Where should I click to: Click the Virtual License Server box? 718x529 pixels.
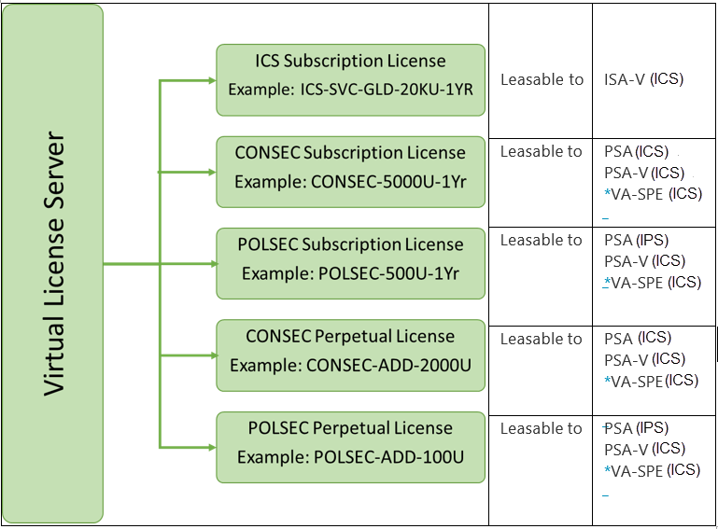click(x=52, y=264)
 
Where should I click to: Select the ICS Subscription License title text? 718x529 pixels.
click(x=350, y=61)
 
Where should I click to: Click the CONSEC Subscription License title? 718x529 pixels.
click(x=350, y=152)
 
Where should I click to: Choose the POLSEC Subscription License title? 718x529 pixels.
click(x=350, y=244)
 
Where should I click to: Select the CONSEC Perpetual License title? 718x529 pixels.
click(x=350, y=337)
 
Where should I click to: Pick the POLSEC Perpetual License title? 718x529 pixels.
click(x=350, y=428)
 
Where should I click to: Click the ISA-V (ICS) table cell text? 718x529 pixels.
click(x=644, y=79)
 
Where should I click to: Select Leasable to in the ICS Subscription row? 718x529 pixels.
click(x=542, y=79)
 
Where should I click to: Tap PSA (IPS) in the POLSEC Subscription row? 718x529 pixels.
click(x=637, y=240)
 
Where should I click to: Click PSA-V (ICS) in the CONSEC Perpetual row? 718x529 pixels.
click(x=645, y=359)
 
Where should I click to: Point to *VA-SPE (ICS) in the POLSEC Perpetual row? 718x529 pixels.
click(x=652, y=470)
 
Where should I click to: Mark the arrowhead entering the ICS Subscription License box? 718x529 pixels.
click(x=212, y=80)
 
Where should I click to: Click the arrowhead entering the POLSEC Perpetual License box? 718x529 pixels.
click(x=212, y=447)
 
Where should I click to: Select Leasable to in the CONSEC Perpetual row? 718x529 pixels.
click(x=541, y=339)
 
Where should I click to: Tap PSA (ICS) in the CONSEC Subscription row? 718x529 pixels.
click(x=637, y=151)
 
